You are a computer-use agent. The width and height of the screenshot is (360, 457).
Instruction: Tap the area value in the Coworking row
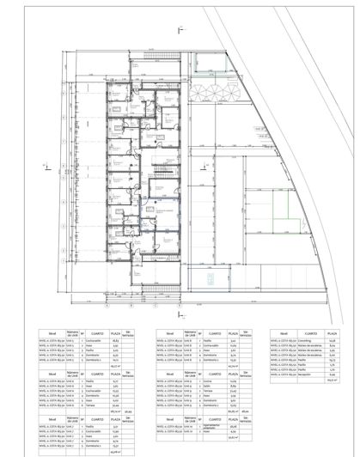(332, 340)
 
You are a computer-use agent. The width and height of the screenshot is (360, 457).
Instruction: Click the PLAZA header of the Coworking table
(332, 332)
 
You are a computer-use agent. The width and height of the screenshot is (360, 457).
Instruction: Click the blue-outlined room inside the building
(158, 211)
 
